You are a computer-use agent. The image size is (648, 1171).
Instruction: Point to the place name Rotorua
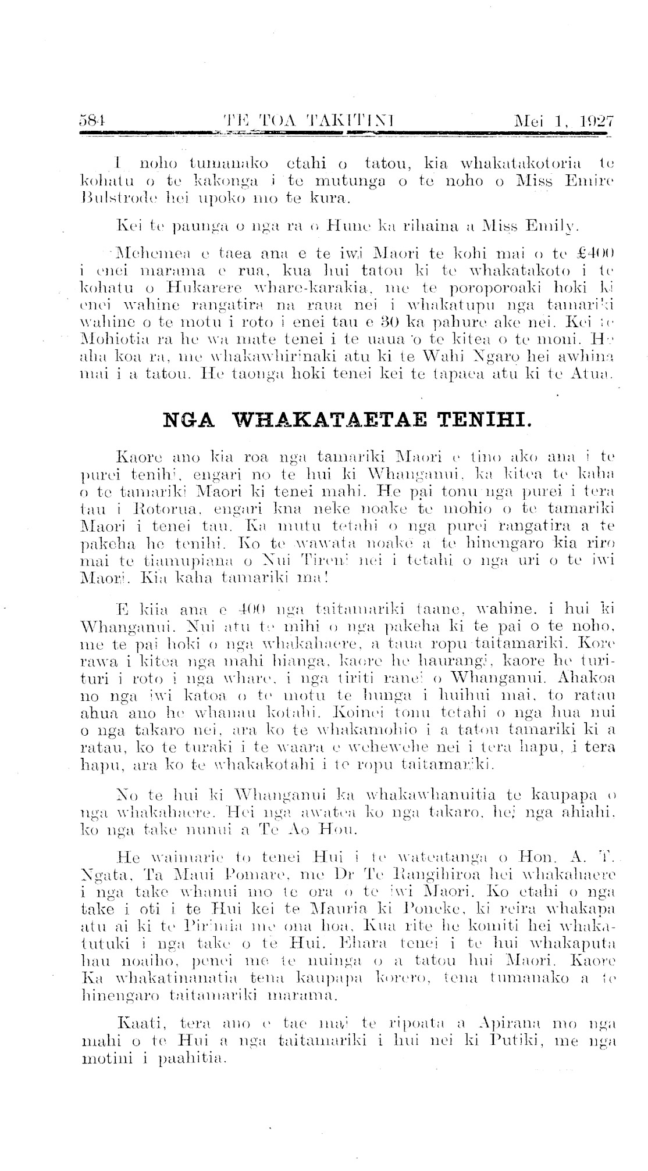coord(164,512)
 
